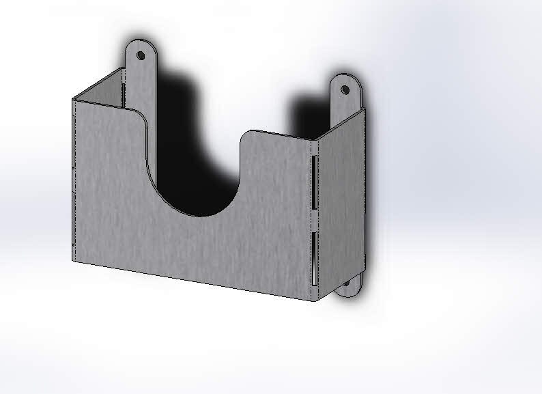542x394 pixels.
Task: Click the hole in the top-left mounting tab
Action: point(141,54)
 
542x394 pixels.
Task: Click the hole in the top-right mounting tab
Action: point(345,89)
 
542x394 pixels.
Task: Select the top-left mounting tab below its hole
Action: point(141,79)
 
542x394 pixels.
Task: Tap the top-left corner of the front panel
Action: point(74,100)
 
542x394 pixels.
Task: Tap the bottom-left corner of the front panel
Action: point(74,260)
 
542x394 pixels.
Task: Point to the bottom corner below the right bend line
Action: point(316,299)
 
